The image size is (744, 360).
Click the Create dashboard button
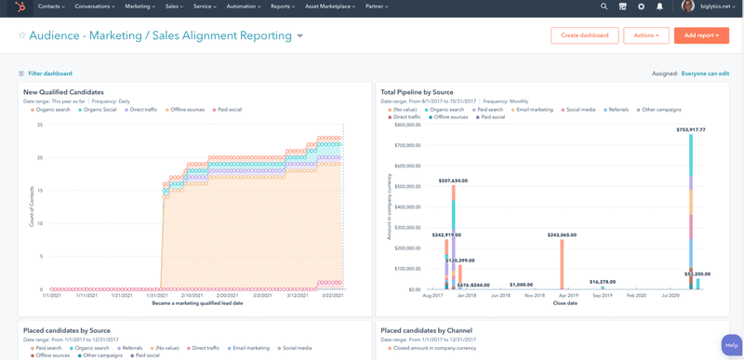click(x=584, y=35)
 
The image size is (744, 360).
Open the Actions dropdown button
click(x=645, y=35)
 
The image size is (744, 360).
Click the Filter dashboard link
click(x=49, y=73)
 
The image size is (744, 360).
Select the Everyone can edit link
click(x=705, y=73)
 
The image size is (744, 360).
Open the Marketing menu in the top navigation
click(x=139, y=7)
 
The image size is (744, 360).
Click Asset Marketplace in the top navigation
click(x=329, y=7)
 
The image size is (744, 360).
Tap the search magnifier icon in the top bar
click(x=604, y=7)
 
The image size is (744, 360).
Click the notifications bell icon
click(x=659, y=7)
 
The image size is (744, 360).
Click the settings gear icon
click(x=641, y=7)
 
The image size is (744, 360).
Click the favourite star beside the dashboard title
click(x=22, y=36)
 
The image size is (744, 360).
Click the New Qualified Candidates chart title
click(x=63, y=92)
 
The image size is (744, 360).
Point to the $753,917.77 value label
click(x=690, y=130)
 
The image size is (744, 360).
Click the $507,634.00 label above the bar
click(x=453, y=180)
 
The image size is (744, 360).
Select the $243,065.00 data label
click(x=562, y=235)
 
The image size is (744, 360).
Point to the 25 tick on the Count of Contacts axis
click(x=40, y=125)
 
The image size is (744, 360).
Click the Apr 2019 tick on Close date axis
click(x=568, y=295)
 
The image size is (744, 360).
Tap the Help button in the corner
click(x=731, y=345)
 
